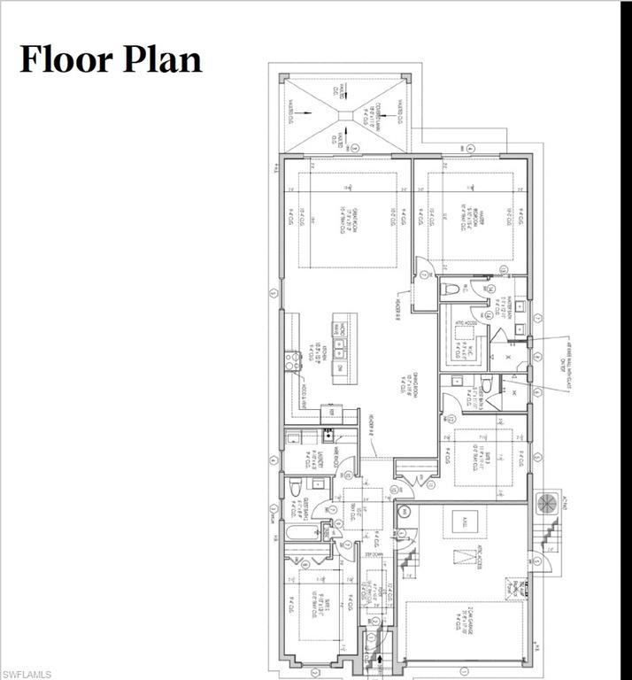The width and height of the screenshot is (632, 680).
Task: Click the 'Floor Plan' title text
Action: (x=111, y=58)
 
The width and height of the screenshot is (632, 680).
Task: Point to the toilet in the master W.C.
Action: (x=449, y=288)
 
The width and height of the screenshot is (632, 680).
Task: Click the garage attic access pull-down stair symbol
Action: (x=465, y=557)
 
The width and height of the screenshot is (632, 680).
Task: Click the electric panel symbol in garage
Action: (x=523, y=587)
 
